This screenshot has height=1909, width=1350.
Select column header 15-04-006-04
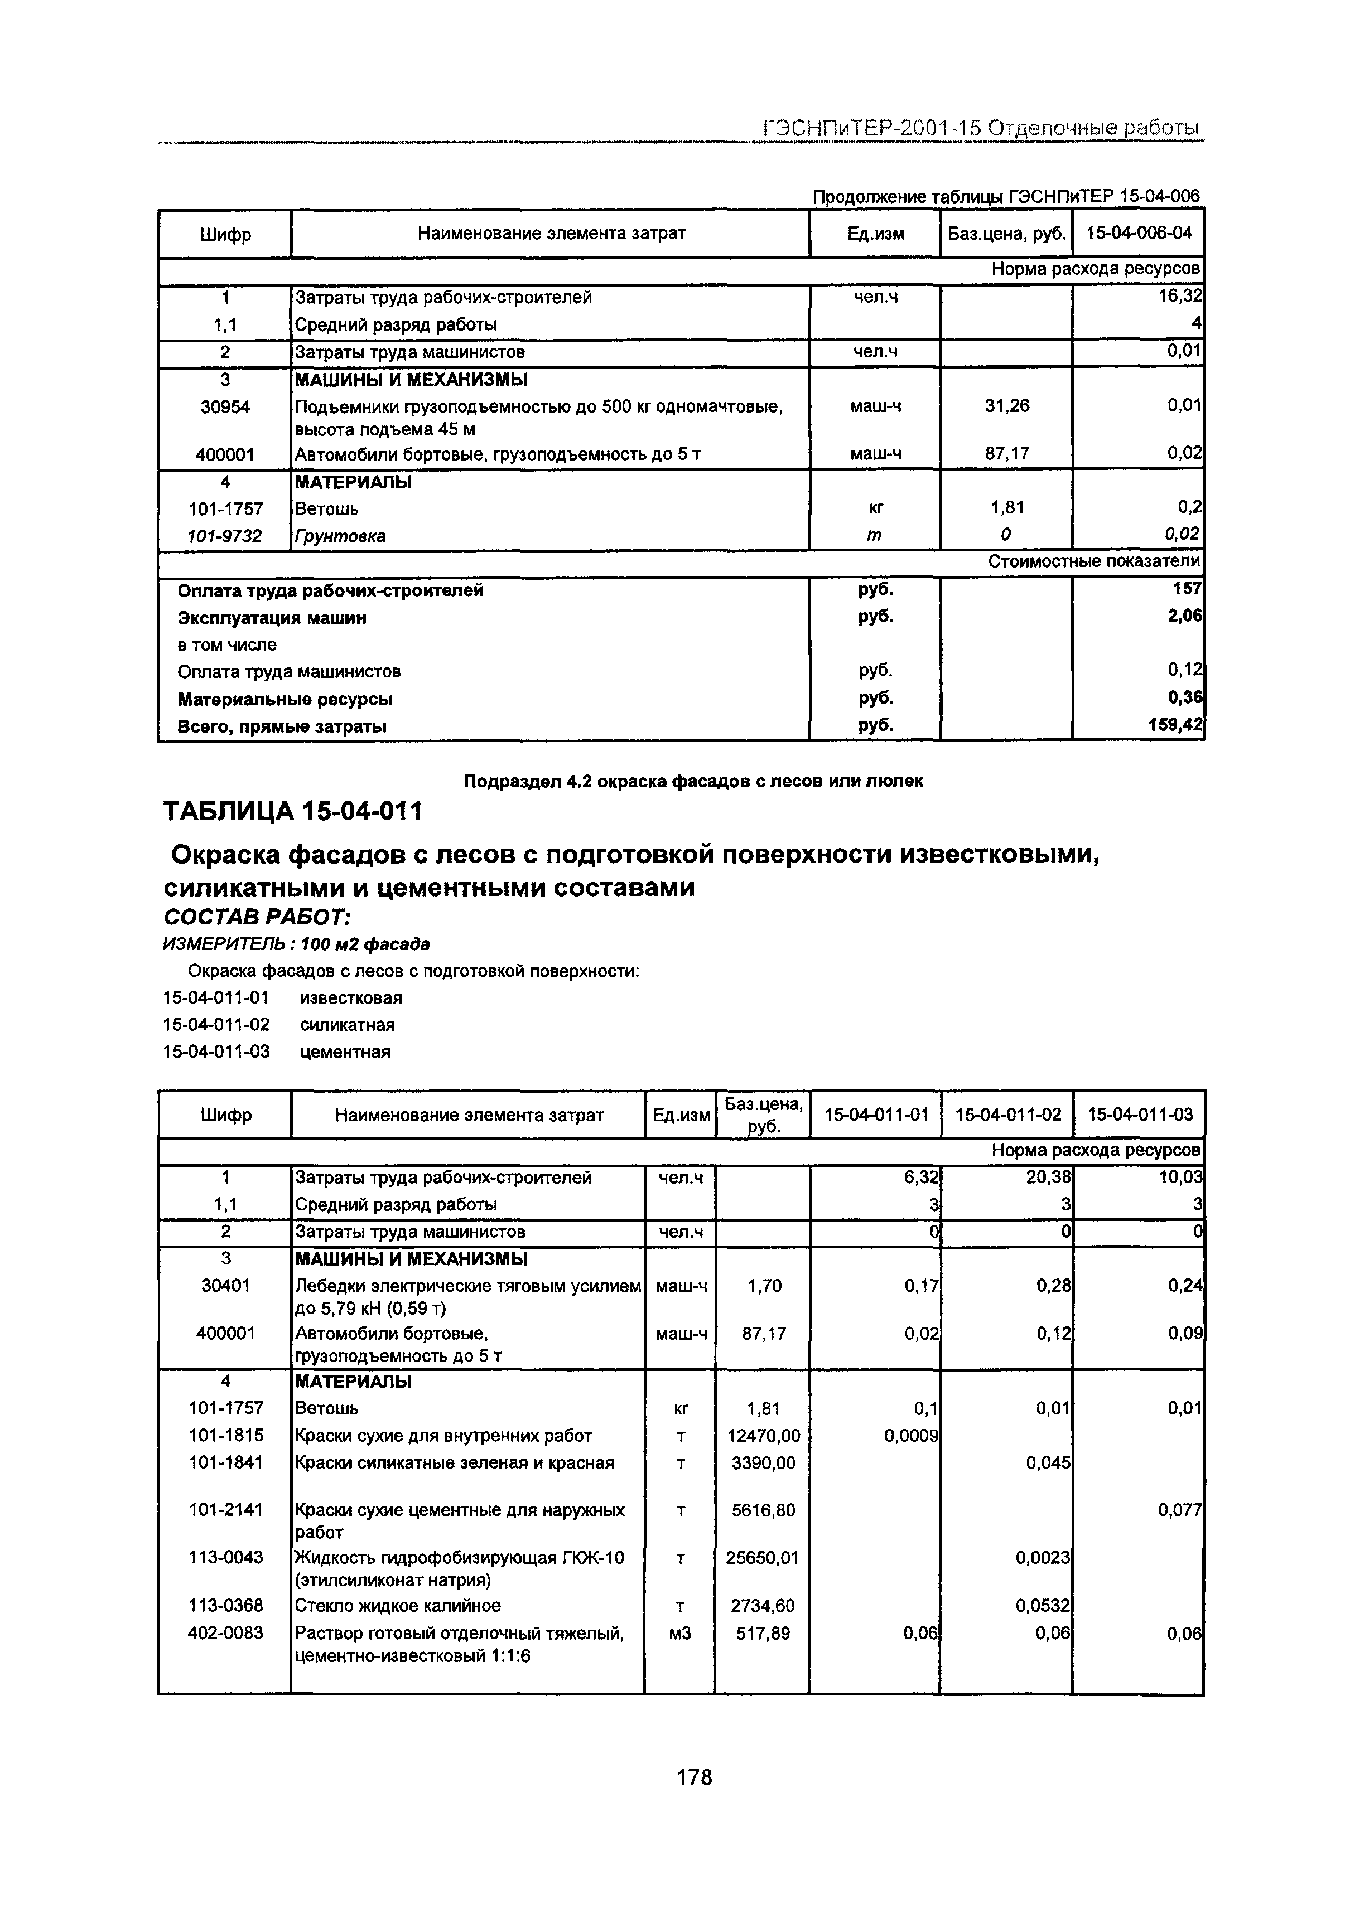pyautogui.click(x=1138, y=233)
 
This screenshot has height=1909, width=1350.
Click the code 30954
pyautogui.click(x=225, y=406)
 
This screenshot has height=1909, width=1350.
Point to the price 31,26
pyautogui.click(x=1006, y=406)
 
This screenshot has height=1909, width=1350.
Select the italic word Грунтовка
pyautogui.click(x=341, y=536)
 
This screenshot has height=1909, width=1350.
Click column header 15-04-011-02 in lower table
pyautogui.click(x=1007, y=1114)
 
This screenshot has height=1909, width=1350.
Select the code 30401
pyautogui.click(x=225, y=1286)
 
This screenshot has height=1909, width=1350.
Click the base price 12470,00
pyautogui.click(x=763, y=1435)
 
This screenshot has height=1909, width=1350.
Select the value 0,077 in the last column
pyautogui.click(x=1179, y=1510)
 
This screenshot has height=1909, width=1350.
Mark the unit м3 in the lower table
pyautogui.click(x=679, y=1633)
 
